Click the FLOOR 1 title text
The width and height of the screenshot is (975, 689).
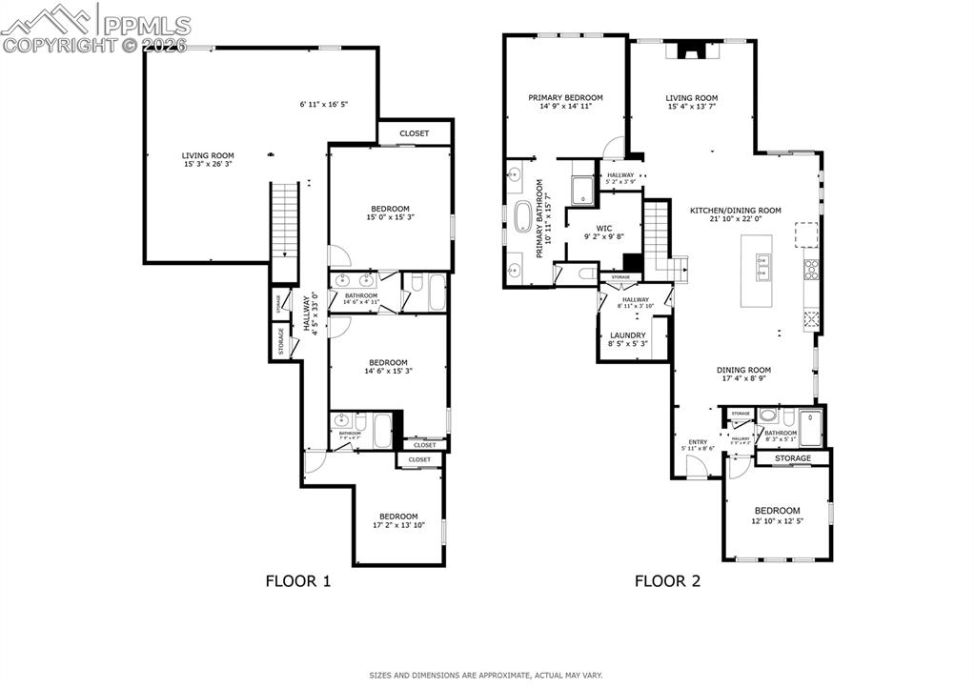pyautogui.click(x=297, y=580)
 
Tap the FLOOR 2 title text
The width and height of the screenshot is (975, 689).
pyautogui.click(x=667, y=580)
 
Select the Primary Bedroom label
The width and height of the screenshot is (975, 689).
pyautogui.click(x=566, y=97)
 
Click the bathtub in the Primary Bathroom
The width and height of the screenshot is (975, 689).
pyautogui.click(x=522, y=217)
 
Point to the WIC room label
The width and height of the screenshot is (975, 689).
pyautogui.click(x=603, y=228)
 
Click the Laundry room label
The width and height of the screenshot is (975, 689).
pyautogui.click(x=628, y=335)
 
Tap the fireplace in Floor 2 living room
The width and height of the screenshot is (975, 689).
pyautogui.click(x=691, y=51)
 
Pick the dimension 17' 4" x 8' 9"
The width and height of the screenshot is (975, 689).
pyautogui.click(x=744, y=378)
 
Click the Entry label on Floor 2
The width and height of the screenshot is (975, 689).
pyautogui.click(x=698, y=442)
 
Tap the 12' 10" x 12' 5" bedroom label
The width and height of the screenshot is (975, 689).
pyautogui.click(x=777, y=520)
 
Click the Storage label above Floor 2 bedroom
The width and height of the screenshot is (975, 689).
pyautogui.click(x=793, y=458)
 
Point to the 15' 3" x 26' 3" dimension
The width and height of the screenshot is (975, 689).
pyautogui.click(x=209, y=165)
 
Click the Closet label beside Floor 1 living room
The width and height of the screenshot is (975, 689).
pyautogui.click(x=414, y=133)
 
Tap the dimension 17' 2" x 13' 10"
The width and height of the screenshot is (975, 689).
pyautogui.click(x=398, y=525)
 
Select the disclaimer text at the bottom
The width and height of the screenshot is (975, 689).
pyautogui.click(x=487, y=675)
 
